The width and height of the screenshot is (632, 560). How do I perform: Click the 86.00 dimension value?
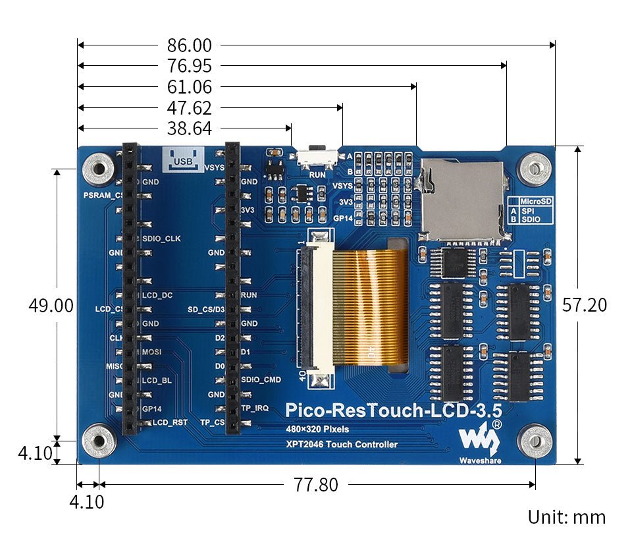189,45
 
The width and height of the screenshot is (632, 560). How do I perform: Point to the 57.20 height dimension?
584,305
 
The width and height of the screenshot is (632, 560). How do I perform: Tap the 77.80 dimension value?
316,486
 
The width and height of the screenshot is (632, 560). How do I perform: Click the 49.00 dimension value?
51,306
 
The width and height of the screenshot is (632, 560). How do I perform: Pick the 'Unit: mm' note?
566,517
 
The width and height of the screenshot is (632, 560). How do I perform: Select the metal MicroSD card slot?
463,198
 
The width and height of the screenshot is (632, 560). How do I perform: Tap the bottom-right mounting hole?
535,440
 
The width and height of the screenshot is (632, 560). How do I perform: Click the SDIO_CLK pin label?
161,238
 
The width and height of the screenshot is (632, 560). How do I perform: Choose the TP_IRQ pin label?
254,408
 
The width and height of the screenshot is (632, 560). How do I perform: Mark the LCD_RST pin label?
169,422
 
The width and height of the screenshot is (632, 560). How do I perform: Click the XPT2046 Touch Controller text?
341,445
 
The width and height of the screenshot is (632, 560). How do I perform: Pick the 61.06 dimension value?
189,87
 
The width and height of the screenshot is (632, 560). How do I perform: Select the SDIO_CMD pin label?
261,380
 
